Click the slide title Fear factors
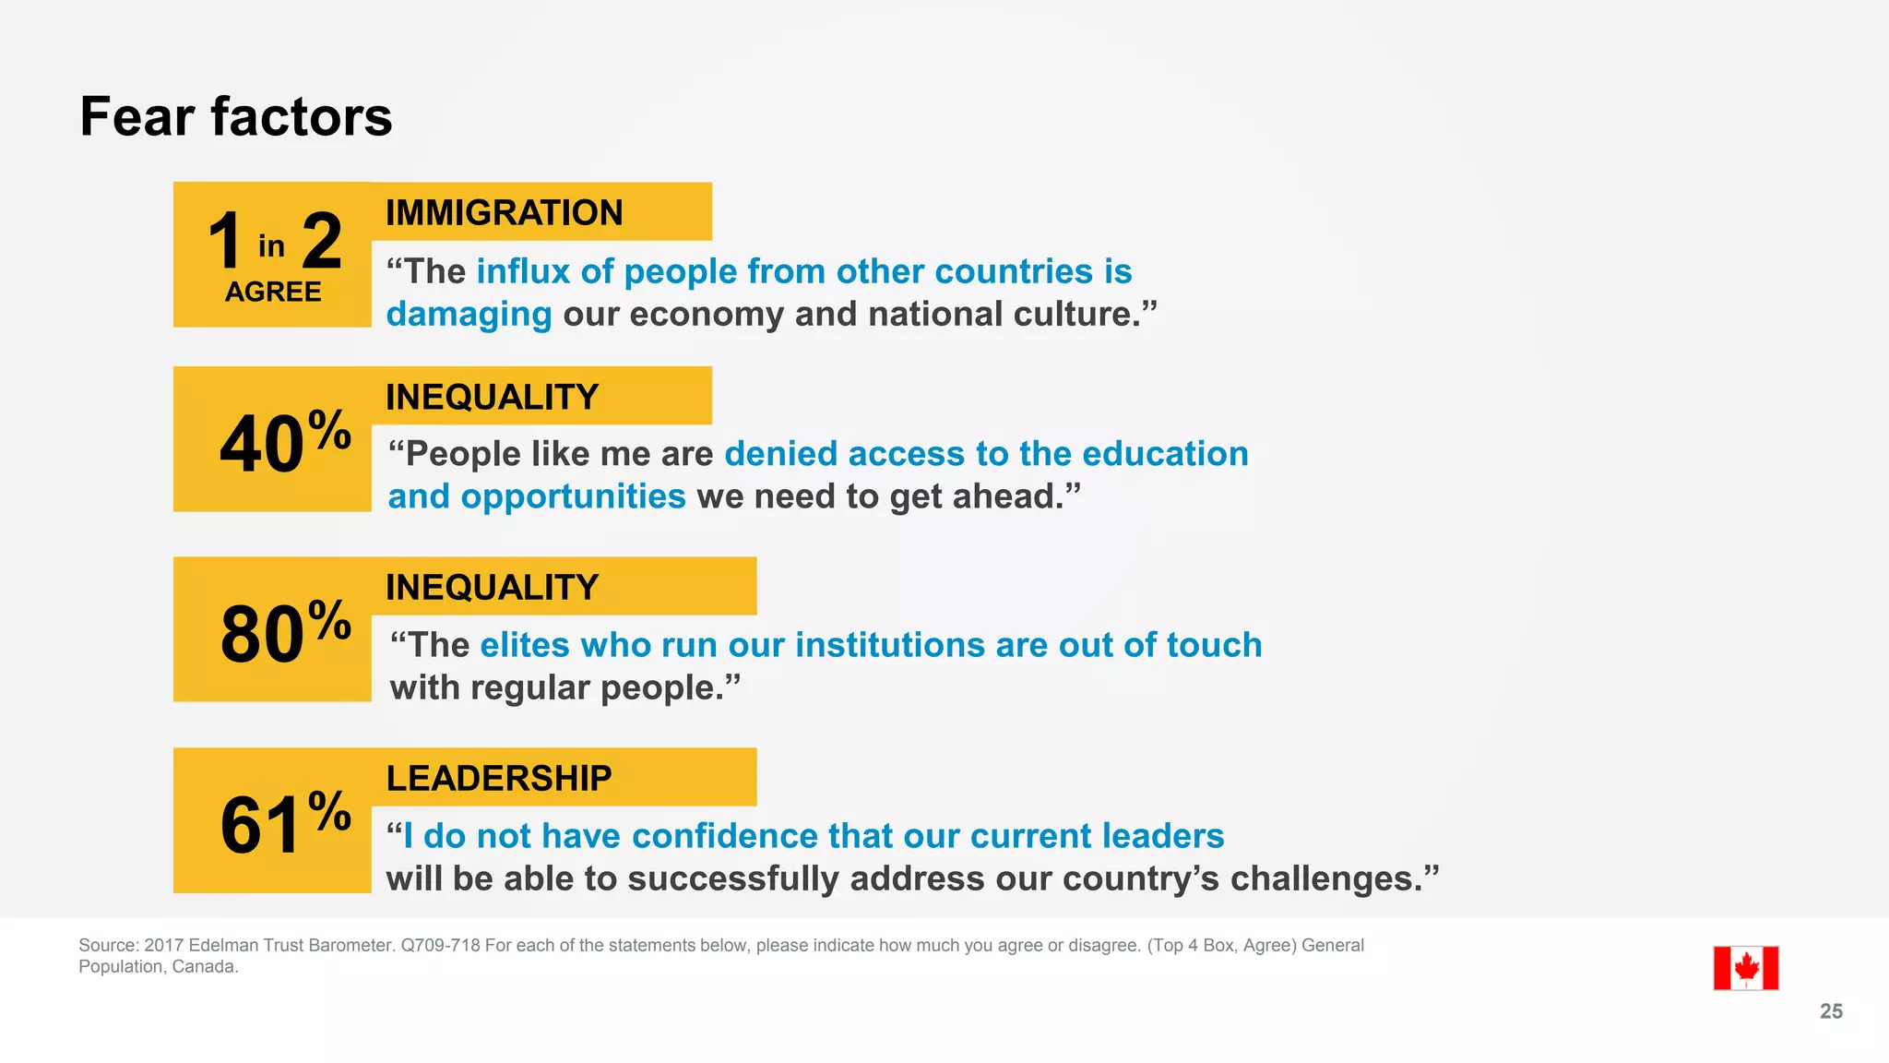click(236, 117)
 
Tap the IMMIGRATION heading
click(504, 213)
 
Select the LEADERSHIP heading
click(498, 779)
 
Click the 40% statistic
click(284, 442)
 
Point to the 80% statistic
click(284, 632)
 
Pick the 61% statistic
click(284, 823)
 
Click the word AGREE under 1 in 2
click(273, 293)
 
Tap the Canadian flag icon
click(1745, 968)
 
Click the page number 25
click(1831, 1011)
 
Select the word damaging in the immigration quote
click(469, 315)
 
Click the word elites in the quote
click(524, 645)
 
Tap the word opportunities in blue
click(573, 496)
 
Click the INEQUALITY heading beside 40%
click(492, 398)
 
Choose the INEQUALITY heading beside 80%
click(492, 588)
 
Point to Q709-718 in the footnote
click(440, 945)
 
